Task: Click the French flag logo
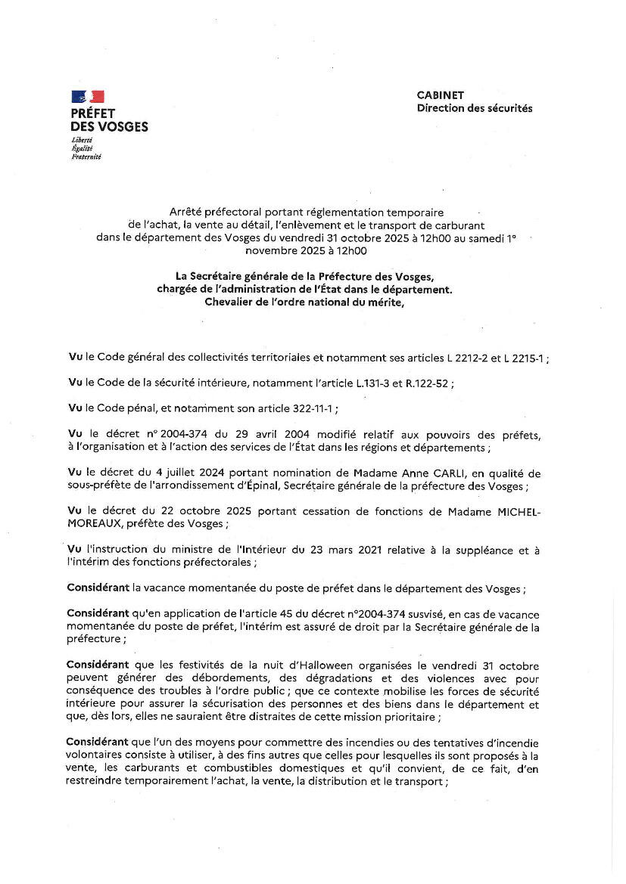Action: (x=88, y=96)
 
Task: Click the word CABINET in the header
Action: (x=440, y=95)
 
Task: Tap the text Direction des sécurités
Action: (x=475, y=108)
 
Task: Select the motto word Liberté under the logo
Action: (x=82, y=141)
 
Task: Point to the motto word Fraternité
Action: (x=86, y=157)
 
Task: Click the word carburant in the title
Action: (x=458, y=225)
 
